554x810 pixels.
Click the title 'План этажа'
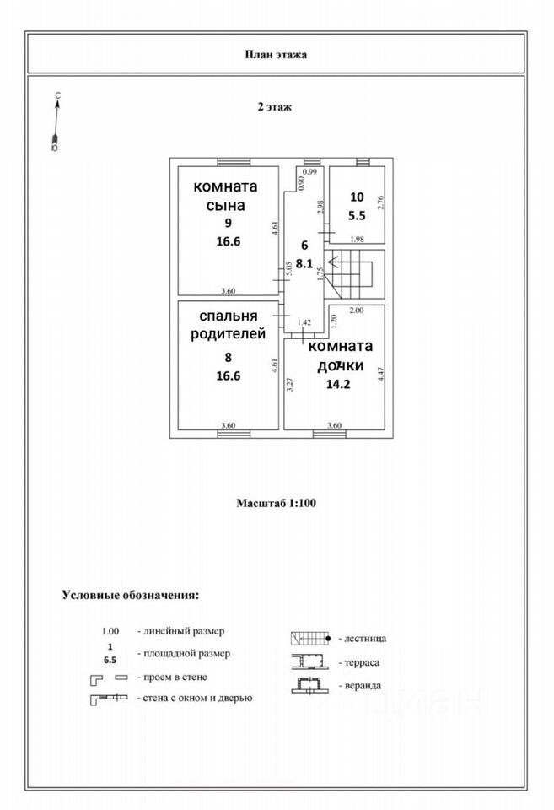(276, 55)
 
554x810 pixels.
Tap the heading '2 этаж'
(275, 107)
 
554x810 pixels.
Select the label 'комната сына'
(226, 196)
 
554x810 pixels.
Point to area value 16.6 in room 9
(227, 240)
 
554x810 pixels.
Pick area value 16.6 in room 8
(227, 375)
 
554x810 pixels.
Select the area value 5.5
(356, 214)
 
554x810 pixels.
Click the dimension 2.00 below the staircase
(356, 310)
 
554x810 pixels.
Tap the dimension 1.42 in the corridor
(305, 321)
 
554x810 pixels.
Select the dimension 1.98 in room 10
(356, 238)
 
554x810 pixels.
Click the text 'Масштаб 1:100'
(276, 502)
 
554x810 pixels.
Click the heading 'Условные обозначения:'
(131, 594)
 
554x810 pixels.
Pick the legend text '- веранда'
(359, 686)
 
